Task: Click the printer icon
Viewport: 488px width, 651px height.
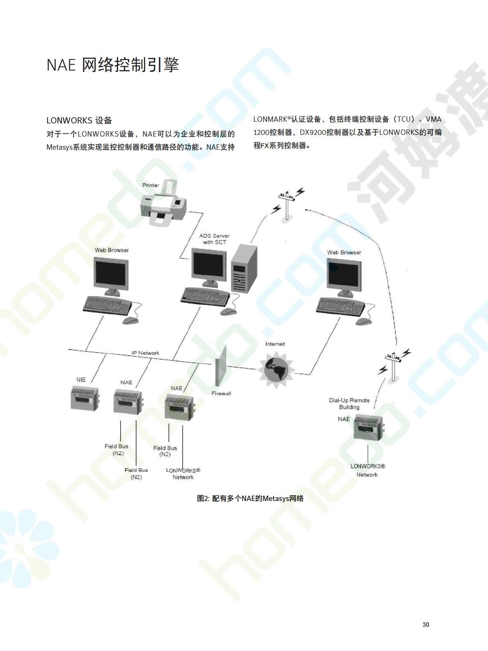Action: pyautogui.click(x=163, y=203)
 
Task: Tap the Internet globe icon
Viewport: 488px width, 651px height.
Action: pyautogui.click(x=276, y=369)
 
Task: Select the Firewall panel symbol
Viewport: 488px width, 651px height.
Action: pyautogui.click(x=221, y=366)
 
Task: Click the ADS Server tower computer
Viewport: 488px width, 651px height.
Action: pyautogui.click(x=244, y=269)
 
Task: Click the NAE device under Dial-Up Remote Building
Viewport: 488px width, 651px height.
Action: pyautogui.click(x=369, y=428)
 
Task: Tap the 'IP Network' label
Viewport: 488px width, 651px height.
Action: pyautogui.click(x=145, y=353)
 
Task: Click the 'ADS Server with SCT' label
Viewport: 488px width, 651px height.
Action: pyautogui.click(x=214, y=239)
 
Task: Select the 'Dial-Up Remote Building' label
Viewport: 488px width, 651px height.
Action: pyautogui.click(x=349, y=403)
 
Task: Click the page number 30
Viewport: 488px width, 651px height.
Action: pyautogui.click(x=426, y=624)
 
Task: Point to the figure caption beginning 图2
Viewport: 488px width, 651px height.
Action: pyautogui.click(x=250, y=498)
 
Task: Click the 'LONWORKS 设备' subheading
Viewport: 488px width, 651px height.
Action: pyautogui.click(x=79, y=121)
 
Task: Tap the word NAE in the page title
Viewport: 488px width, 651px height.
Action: pyautogui.click(x=61, y=65)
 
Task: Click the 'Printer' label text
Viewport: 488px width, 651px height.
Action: pyautogui.click(x=151, y=185)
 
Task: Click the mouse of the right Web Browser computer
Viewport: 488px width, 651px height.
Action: pyautogui.click(x=364, y=321)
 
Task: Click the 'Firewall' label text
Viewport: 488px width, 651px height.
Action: pyautogui.click(x=221, y=393)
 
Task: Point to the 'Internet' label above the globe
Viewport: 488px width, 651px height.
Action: pyautogui.click(x=275, y=344)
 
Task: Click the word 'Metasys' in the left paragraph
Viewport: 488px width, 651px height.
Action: pyautogui.click(x=59, y=147)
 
